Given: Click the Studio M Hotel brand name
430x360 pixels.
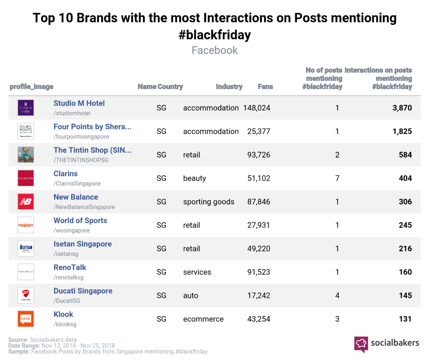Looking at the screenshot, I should [x=79, y=103].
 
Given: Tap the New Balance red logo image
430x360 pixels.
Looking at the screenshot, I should [x=26, y=202].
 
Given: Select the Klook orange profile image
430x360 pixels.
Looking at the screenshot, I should [x=26, y=319].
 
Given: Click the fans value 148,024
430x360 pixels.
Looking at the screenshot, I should [x=257, y=108].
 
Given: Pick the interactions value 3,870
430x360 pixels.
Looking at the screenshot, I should [x=402, y=108].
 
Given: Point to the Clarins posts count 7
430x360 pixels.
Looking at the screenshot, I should [x=337, y=178].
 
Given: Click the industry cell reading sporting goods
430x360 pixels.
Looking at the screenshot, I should [x=208, y=202].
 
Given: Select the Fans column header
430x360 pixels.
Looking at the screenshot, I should [x=265, y=87].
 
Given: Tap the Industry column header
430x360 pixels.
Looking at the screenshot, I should [x=229, y=87].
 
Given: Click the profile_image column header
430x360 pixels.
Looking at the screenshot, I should [x=32, y=87].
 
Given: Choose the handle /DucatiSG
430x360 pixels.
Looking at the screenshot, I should [x=67, y=301].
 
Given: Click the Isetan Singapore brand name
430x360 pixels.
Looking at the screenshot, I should [x=82, y=244].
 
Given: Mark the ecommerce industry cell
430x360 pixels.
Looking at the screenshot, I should [x=203, y=319].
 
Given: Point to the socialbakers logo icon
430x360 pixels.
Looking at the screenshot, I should [x=361, y=344].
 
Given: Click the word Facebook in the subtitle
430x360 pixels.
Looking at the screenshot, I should [x=214, y=50].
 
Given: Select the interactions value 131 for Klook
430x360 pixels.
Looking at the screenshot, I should [x=405, y=319].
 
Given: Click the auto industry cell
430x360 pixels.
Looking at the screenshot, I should [x=190, y=296].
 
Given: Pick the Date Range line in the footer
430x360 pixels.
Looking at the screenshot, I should [x=61, y=345].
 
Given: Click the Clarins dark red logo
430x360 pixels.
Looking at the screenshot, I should [x=26, y=178].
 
